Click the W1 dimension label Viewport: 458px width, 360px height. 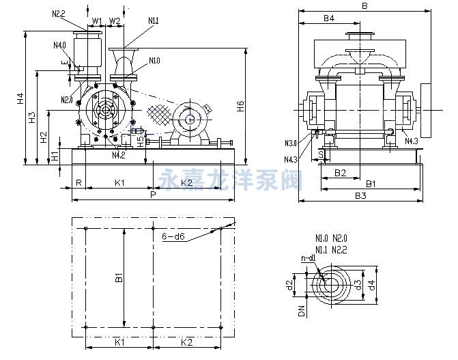[97, 20]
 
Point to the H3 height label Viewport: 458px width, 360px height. [31, 117]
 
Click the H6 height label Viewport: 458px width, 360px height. [240, 107]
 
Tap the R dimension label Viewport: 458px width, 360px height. [79, 182]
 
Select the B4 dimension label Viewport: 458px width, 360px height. [328, 18]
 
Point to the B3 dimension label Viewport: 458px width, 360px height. [361, 196]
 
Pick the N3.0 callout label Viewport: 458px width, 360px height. [290, 143]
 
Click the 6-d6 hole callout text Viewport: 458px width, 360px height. [173, 236]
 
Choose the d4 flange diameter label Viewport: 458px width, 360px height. [371, 283]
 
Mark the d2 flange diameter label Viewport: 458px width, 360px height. [289, 283]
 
